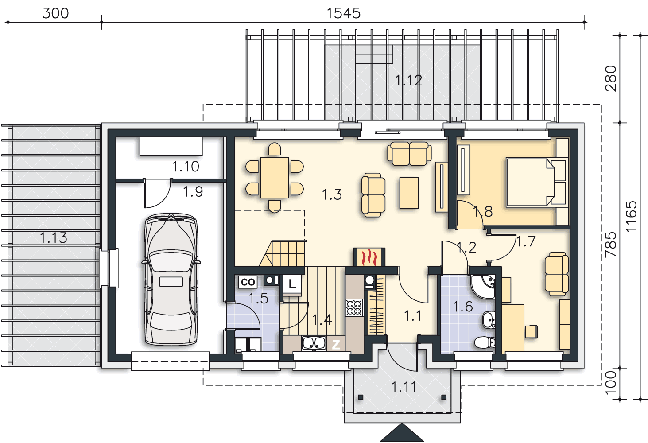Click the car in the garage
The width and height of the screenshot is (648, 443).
tap(171, 280)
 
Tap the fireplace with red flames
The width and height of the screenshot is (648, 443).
tap(369, 257)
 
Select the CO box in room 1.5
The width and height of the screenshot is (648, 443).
tap(248, 282)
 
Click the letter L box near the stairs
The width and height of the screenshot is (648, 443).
tap(292, 284)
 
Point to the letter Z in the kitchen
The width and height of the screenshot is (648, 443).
tap(336, 344)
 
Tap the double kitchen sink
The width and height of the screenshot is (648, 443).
tap(314, 343)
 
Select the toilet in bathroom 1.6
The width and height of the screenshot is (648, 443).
tap(485, 342)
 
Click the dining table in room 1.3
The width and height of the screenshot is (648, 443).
tap(274, 177)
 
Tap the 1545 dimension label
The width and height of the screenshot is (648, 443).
tap(343, 13)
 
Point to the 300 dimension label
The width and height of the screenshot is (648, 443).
tap(55, 13)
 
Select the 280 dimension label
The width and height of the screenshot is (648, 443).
tap(611, 78)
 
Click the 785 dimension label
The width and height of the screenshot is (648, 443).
tap(611, 244)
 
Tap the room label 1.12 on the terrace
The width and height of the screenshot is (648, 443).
tap(408, 80)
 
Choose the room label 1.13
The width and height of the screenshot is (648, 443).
tap(54, 238)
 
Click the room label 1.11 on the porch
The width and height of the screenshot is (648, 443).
tap(404, 387)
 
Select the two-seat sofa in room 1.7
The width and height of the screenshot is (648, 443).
tap(556, 274)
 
